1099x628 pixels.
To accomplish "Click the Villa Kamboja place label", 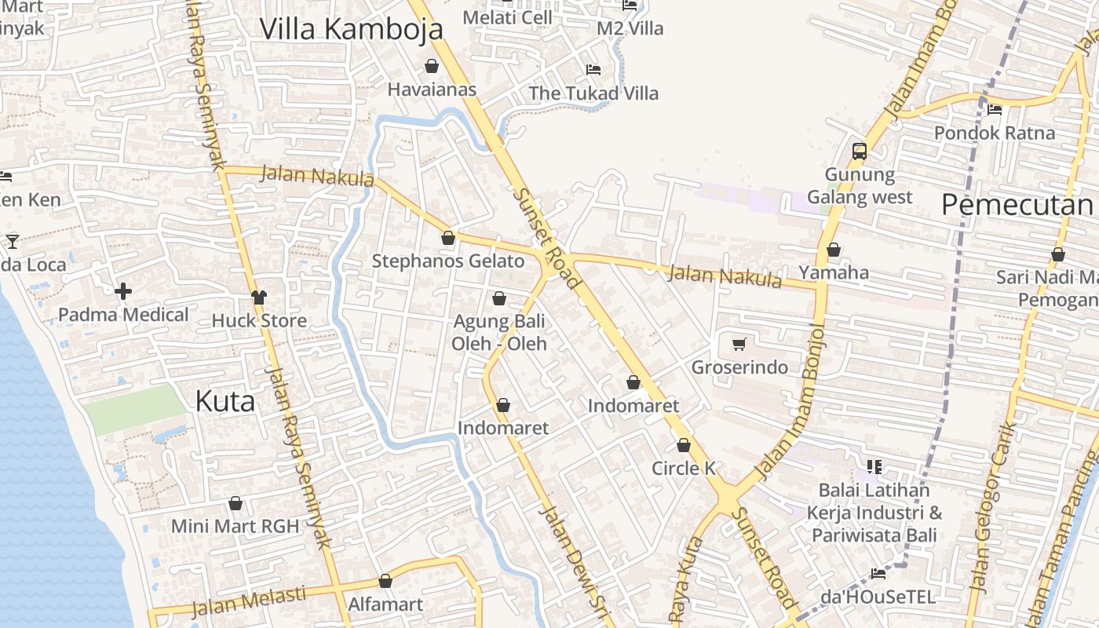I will [x=351, y=29].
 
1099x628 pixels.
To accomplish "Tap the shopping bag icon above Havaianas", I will [x=431, y=66].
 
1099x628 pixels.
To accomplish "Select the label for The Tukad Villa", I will [x=593, y=93].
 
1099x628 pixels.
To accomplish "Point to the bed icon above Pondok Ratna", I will [x=995, y=110].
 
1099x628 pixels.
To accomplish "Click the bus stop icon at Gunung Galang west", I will [x=860, y=151].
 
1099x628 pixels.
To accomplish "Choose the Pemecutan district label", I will [x=1017, y=205].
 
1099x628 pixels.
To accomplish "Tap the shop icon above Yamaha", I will [x=834, y=250].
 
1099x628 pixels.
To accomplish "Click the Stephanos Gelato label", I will [x=447, y=261].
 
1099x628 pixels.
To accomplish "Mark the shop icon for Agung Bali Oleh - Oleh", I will [x=499, y=299].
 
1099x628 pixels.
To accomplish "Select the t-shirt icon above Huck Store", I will [x=259, y=298].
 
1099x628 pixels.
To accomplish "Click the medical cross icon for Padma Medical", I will [x=123, y=292].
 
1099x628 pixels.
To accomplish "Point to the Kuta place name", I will [x=225, y=401].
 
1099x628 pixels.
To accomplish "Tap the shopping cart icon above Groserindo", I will [x=739, y=345].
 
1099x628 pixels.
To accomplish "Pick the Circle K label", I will [x=684, y=469].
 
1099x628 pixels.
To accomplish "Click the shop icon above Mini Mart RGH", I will [x=235, y=504].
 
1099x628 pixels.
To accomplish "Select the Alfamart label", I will [x=385, y=604].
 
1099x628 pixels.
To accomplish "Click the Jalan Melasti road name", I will [x=249, y=601].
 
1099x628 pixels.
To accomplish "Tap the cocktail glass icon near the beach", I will [x=13, y=241].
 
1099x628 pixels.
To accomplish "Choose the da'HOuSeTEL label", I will [x=878, y=597].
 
